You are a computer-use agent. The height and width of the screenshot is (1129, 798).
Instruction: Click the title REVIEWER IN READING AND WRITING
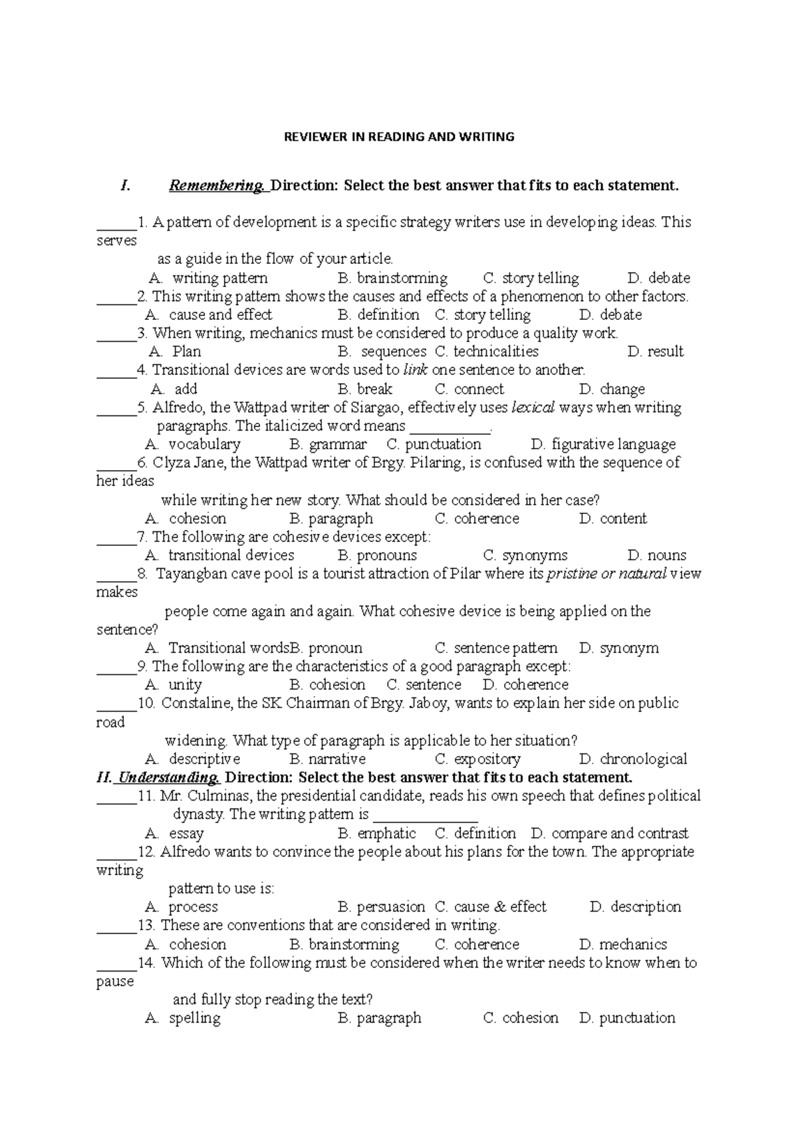tap(399, 137)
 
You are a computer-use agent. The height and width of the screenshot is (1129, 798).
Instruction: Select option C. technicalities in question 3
tap(487, 352)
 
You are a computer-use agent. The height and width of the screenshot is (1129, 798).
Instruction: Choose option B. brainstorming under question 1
tap(392, 278)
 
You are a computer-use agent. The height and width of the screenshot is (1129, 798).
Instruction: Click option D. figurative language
tap(604, 444)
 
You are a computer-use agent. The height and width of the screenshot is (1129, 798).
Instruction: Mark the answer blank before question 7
tap(116, 537)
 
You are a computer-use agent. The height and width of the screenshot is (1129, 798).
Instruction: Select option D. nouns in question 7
tap(656, 556)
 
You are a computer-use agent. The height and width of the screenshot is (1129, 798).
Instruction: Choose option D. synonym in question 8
tap(619, 648)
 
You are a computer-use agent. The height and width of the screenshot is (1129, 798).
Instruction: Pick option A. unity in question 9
tap(174, 685)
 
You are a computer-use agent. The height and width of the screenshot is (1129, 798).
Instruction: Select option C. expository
tap(477, 759)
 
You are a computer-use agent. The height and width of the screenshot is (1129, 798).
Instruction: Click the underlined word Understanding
tap(168, 777)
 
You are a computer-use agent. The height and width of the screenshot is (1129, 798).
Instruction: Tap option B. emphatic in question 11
tap(376, 834)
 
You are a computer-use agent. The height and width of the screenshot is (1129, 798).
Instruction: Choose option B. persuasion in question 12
tap(381, 907)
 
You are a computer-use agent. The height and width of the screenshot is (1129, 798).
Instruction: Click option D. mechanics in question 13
tap(623, 945)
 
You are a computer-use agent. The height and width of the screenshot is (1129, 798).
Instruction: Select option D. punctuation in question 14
tap(627, 1018)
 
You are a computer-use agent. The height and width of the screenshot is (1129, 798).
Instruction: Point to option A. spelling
tap(183, 1018)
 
